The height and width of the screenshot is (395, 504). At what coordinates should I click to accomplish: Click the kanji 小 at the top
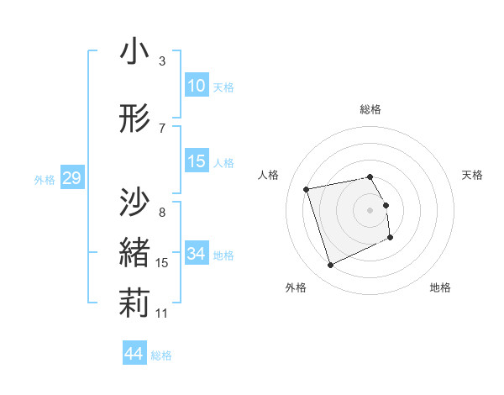pyautogui.click(x=134, y=55)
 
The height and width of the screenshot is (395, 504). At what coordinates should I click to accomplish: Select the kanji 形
pyautogui.click(x=134, y=120)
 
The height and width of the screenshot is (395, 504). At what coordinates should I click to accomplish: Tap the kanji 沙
pyautogui.click(x=134, y=202)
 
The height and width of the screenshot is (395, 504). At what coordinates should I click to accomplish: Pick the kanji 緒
pyautogui.click(x=134, y=254)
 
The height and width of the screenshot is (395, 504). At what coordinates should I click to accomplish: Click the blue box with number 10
pyautogui.click(x=197, y=86)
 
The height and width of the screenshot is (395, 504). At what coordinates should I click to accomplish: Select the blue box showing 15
pyautogui.click(x=197, y=162)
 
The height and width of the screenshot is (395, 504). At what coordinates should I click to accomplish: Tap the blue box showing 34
pyautogui.click(x=197, y=254)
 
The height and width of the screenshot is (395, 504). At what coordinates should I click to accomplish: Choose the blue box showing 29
pyautogui.click(x=71, y=178)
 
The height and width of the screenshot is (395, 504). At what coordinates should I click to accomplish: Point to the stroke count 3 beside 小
pyautogui.click(x=161, y=61)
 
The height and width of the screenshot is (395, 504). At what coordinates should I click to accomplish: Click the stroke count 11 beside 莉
pyautogui.click(x=161, y=313)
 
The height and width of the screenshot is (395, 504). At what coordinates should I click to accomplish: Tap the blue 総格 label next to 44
pyautogui.click(x=162, y=355)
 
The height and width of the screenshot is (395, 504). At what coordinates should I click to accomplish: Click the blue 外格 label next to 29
pyautogui.click(x=45, y=179)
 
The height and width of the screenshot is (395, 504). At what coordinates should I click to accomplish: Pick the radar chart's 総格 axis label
pyautogui.click(x=370, y=109)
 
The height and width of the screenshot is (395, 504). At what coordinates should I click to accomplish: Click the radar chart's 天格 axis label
pyautogui.click(x=473, y=175)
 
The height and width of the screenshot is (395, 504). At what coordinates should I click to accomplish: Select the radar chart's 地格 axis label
pyautogui.click(x=440, y=287)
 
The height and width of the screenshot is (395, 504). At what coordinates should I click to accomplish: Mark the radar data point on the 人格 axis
pyautogui.click(x=307, y=188)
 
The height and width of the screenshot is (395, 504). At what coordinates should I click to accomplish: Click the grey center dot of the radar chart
pyautogui.click(x=370, y=209)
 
